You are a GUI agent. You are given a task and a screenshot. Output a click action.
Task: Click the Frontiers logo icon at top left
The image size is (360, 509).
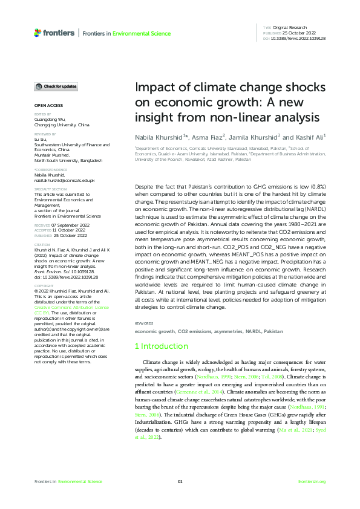coord(38,33)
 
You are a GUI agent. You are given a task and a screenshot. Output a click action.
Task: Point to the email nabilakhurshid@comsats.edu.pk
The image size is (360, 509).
coord(65,181)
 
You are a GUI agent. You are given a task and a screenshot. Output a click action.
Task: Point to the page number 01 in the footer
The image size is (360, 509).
coord(180,481)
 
